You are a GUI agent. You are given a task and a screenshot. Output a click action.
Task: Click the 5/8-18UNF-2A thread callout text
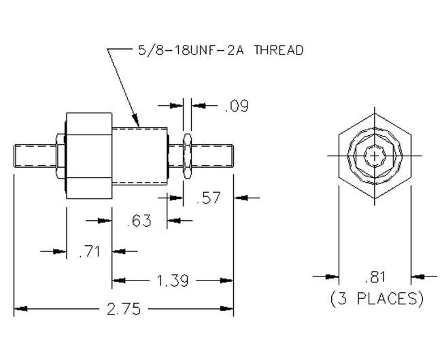tap(216, 50)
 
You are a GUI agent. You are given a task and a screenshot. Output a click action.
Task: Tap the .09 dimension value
tap(236, 106)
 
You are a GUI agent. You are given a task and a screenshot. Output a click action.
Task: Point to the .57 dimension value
tap(207, 198)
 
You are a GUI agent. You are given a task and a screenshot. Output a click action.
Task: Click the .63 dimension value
tap(140, 221)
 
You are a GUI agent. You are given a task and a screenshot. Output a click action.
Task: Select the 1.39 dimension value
tap(173, 280)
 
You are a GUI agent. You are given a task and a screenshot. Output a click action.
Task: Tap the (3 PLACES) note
tap(376, 298)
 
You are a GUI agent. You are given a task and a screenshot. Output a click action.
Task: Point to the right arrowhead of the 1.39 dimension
tap(229, 280)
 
